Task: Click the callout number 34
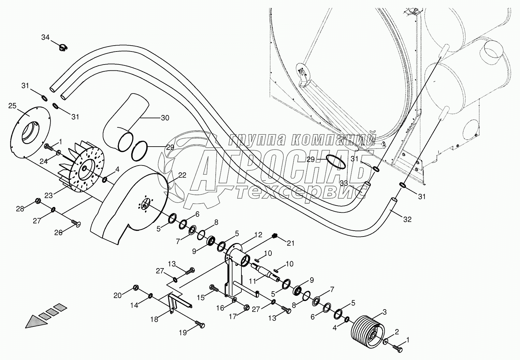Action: point(45,37)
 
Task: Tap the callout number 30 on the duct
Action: point(165,118)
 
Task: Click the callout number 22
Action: point(182,175)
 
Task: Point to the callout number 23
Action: point(49,195)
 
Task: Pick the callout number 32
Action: point(407,220)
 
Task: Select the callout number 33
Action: point(344,183)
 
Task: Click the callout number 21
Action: point(290,243)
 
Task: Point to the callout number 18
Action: point(154,320)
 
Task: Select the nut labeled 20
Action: point(137,288)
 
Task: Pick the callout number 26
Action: point(58,233)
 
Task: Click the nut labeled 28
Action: point(37,200)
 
